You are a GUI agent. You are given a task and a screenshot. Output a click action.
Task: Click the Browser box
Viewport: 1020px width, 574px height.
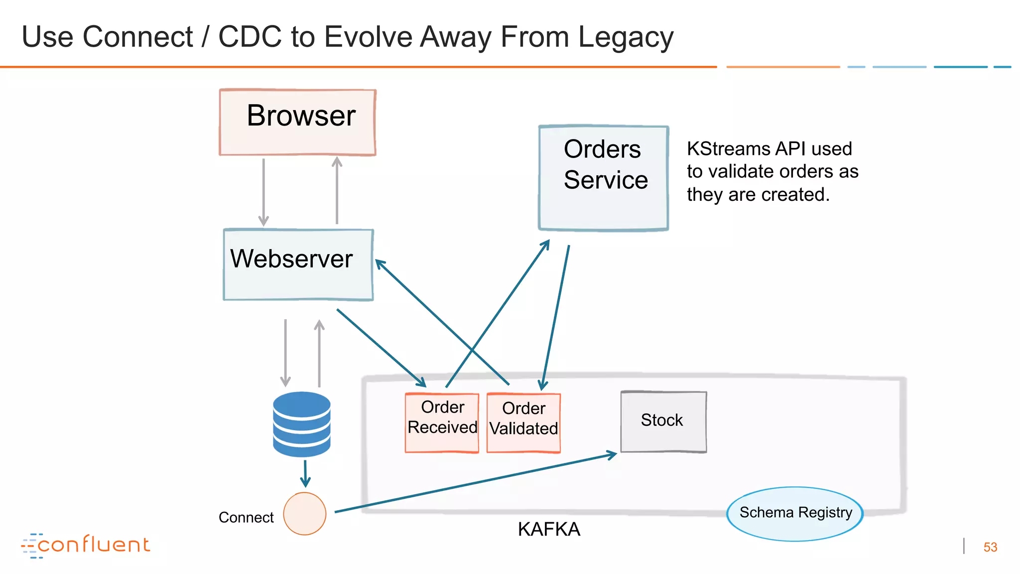298,123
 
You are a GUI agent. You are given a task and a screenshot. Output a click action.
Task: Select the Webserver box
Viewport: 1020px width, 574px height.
298,265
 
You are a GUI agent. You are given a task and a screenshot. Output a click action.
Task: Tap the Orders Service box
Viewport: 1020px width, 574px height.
604,178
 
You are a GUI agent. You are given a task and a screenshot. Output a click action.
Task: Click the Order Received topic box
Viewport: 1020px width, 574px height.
442,423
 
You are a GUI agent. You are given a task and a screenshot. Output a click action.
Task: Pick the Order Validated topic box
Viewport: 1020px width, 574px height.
523,423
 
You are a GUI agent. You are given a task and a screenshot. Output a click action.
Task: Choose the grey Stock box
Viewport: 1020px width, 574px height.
663,422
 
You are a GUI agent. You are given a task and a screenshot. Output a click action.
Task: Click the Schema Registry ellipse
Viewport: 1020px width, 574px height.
795,514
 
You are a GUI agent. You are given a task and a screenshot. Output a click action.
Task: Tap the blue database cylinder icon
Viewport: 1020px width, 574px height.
302,424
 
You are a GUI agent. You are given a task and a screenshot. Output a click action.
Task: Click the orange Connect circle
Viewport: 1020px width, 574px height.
305,514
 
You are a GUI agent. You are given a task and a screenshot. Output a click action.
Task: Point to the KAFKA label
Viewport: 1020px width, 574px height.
549,529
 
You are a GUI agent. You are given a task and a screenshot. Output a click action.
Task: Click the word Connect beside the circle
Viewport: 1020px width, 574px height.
246,518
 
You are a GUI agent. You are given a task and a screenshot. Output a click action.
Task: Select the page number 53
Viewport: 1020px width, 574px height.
990,547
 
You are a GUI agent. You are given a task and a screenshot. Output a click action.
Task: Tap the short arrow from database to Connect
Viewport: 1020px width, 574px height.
305,473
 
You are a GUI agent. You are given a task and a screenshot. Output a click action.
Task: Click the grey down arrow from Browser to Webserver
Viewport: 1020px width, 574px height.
263,192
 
